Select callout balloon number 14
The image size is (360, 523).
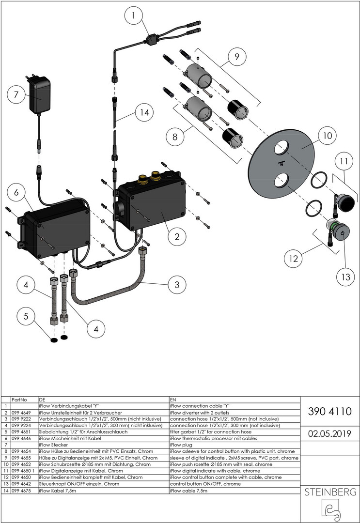(x=142, y=113)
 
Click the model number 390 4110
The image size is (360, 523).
(x=330, y=411)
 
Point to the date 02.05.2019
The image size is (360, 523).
(x=330, y=433)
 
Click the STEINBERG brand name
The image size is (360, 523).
(x=330, y=492)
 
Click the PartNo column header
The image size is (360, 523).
(x=18, y=400)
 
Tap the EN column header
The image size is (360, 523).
(x=173, y=400)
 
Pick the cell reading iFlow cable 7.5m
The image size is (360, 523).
(x=188, y=490)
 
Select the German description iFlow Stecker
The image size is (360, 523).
(x=53, y=444)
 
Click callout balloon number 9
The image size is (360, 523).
(x=236, y=57)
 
